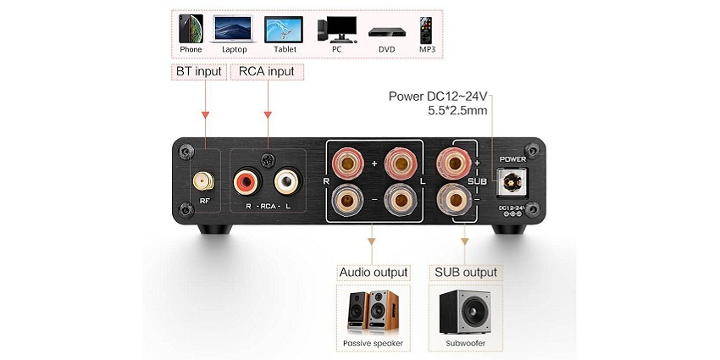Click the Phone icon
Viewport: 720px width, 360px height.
tap(191, 29)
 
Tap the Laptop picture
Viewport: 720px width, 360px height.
tap(234, 30)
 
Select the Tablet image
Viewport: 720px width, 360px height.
tap(284, 30)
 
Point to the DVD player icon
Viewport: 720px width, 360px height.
tap(387, 32)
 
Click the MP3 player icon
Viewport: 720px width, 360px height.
tap(426, 30)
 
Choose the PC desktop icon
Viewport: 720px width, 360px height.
tap(336, 29)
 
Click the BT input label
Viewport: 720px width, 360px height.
tap(199, 72)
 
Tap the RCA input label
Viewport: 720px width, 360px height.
tap(266, 72)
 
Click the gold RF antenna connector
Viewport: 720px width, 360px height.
tap(203, 181)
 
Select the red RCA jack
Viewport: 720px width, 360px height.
tap(248, 180)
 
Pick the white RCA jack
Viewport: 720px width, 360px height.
tap(289, 180)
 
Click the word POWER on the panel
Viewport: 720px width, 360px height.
tap(512, 159)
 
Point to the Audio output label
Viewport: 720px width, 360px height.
tap(374, 272)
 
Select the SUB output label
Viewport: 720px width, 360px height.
tap(466, 272)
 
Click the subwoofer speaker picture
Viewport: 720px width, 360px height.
tap(465, 312)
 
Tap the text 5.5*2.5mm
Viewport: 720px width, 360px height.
tap(457, 111)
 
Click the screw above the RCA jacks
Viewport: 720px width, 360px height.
tap(269, 160)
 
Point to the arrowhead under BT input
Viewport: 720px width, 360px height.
tap(205, 114)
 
